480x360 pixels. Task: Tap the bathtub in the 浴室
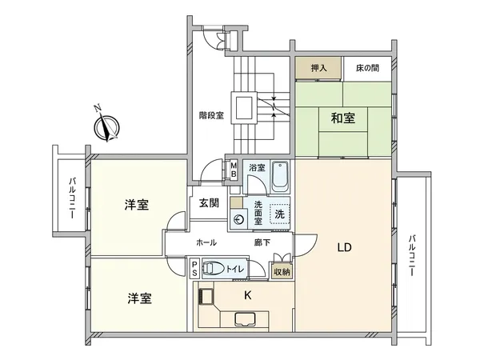click(280, 177)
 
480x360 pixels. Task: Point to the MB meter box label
click(234, 170)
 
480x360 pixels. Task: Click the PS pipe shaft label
click(194, 269)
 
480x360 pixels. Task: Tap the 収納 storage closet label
click(282, 271)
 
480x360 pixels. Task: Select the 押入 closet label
click(318, 68)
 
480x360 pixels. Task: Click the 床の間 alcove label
click(367, 68)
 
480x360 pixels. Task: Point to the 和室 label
click(343, 118)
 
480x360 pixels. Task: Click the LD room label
click(344, 247)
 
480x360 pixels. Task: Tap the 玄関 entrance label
click(209, 203)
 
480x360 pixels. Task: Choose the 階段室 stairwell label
click(211, 115)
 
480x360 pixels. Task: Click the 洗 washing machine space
click(279, 214)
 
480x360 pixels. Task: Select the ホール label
click(206, 242)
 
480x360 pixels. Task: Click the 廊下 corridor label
click(262, 242)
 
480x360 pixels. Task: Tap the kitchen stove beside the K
click(206, 296)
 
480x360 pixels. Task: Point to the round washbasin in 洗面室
click(238, 219)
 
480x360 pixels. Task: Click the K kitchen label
click(248, 295)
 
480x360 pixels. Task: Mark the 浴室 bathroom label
click(257, 167)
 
